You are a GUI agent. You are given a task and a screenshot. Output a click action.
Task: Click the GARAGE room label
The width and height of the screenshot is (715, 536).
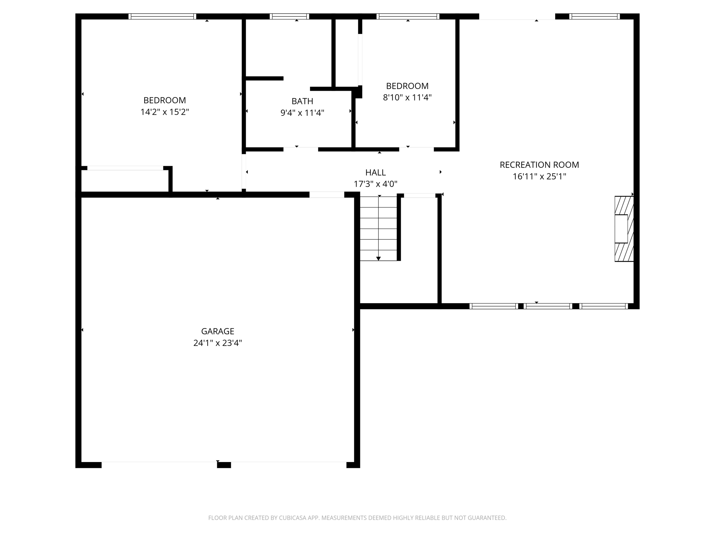(x=218, y=331)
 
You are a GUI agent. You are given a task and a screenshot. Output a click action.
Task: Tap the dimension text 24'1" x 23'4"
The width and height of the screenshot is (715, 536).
(x=218, y=343)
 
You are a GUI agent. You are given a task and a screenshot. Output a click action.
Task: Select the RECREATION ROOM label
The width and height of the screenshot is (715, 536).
(x=539, y=165)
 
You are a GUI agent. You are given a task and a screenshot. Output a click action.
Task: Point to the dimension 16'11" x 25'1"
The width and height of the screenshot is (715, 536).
(x=539, y=177)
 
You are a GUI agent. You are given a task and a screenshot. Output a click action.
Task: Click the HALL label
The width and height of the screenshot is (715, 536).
(x=375, y=172)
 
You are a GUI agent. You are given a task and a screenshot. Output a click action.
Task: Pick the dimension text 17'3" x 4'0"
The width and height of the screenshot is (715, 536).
(x=375, y=184)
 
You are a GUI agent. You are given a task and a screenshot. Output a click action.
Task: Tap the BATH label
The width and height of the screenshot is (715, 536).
(x=302, y=101)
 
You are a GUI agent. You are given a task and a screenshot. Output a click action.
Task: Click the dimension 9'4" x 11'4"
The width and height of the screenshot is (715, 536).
(x=302, y=113)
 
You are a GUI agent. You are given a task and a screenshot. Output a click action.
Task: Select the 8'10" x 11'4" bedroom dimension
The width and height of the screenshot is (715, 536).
(x=407, y=97)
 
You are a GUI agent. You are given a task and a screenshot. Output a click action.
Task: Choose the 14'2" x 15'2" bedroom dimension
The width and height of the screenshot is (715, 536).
(x=164, y=112)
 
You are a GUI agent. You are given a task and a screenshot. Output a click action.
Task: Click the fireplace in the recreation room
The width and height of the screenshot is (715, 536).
(x=624, y=229)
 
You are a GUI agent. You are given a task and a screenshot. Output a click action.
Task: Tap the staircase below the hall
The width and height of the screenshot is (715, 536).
(x=378, y=229)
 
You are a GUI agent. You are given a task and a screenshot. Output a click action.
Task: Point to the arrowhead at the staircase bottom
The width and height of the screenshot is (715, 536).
(x=378, y=259)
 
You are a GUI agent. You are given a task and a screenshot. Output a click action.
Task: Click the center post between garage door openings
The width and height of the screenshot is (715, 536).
(x=224, y=465)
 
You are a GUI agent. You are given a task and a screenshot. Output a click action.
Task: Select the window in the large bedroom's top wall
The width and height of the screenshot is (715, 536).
(x=162, y=16)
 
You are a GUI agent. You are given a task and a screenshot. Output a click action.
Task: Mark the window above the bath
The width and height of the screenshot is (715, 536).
(x=289, y=16)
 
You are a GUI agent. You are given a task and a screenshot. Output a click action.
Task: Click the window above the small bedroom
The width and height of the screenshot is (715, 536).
(x=408, y=16)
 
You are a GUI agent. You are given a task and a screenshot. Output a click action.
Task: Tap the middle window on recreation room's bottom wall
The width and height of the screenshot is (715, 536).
(x=548, y=306)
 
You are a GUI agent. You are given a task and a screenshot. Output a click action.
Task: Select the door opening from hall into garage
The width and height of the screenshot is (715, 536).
(x=327, y=195)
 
